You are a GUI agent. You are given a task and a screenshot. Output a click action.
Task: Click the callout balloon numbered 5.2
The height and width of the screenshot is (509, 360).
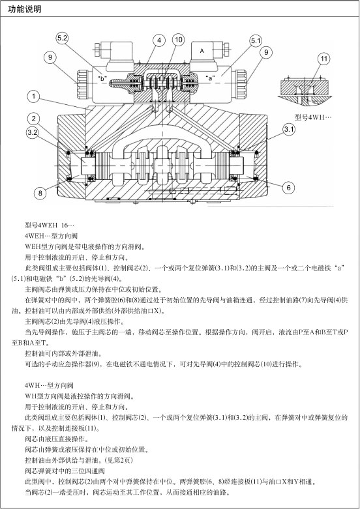(x=62, y=38)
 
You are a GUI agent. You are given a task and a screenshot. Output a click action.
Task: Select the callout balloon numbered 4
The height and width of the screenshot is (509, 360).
(x=159, y=40)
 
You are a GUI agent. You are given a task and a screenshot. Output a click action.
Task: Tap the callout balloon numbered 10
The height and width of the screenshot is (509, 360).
(x=179, y=40)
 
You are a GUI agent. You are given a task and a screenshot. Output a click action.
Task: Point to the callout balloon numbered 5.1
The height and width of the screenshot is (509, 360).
(x=256, y=40)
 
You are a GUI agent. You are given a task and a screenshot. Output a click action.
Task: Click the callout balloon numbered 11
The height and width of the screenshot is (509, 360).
(x=324, y=59)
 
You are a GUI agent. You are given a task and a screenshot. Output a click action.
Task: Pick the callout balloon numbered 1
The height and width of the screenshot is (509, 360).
(x=33, y=96)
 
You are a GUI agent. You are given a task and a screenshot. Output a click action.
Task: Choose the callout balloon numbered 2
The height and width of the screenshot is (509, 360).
(x=33, y=119)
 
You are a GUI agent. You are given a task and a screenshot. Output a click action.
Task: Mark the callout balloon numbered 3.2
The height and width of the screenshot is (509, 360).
(x=32, y=132)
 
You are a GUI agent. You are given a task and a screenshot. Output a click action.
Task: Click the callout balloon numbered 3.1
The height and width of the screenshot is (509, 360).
(x=289, y=130)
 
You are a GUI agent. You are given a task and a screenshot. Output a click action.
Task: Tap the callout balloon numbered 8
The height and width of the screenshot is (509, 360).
(x=40, y=193)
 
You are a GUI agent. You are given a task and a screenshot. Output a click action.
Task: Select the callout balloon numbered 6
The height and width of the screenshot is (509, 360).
(x=288, y=187)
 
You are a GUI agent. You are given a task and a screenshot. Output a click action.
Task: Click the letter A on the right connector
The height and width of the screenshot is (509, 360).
(x=202, y=51)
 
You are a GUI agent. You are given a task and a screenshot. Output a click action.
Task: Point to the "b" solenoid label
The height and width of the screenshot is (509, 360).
(x=102, y=78)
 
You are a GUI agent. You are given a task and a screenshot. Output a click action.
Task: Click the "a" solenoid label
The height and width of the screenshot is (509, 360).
(x=210, y=78)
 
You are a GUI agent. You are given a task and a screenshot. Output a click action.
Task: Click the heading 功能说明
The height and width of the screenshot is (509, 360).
(x=25, y=9)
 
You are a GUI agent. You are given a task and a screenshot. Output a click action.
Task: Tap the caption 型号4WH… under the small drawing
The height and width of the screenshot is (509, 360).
(x=313, y=117)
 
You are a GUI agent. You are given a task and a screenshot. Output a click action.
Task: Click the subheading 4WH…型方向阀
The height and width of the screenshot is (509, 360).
(x=49, y=385)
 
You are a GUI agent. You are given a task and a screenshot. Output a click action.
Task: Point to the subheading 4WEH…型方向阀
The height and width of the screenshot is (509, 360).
(x=51, y=236)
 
